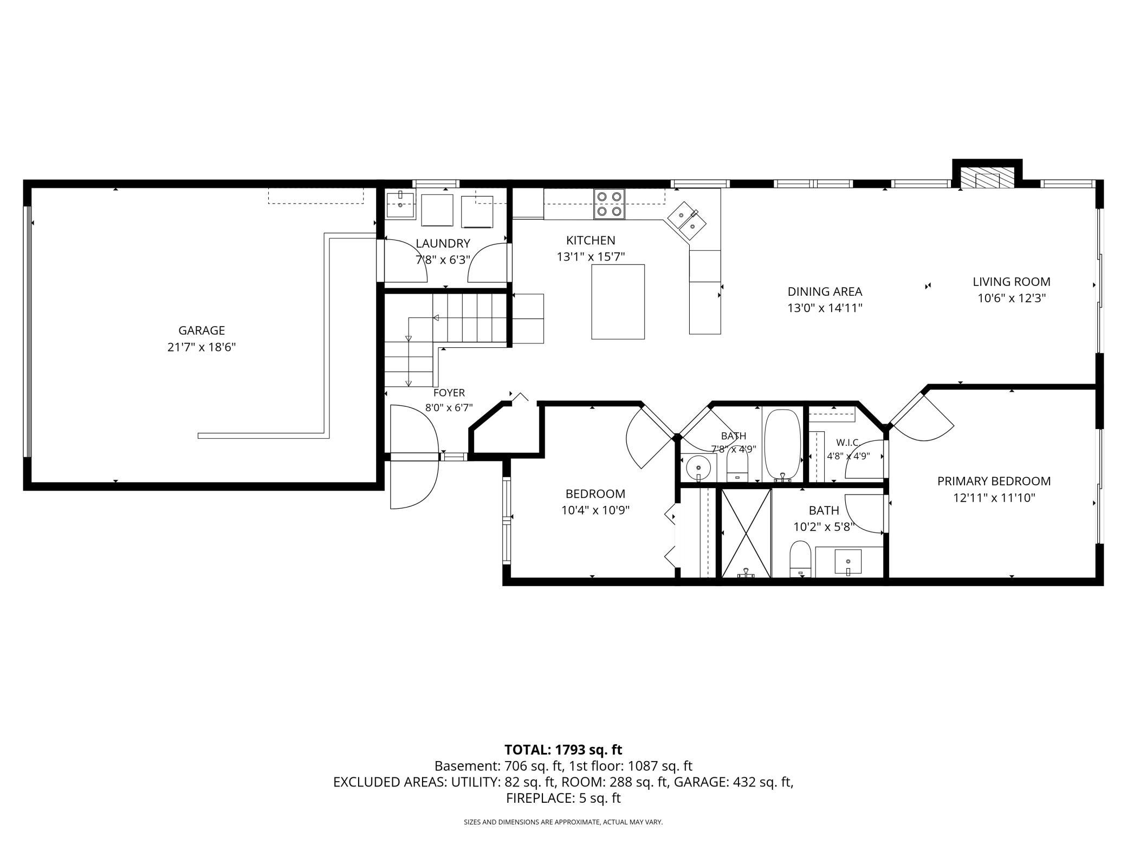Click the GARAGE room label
(x=202, y=330)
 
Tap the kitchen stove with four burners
(x=609, y=204)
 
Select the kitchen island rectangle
(x=618, y=302)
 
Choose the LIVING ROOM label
(x=1012, y=282)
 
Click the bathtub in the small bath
(x=782, y=444)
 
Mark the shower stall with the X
(x=747, y=533)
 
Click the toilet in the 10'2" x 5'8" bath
(x=800, y=558)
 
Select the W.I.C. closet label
(x=848, y=443)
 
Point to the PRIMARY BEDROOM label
(x=994, y=481)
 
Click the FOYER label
(x=449, y=393)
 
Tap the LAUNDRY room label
(x=443, y=244)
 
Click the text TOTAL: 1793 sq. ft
(x=563, y=750)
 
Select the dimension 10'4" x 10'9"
(x=595, y=510)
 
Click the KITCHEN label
(x=591, y=240)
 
